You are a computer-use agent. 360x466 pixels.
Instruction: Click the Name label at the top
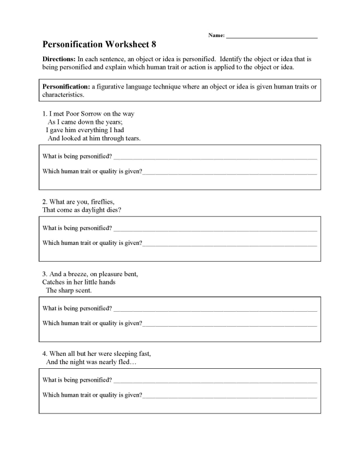click(216, 35)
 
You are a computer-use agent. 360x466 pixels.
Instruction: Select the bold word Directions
click(59, 59)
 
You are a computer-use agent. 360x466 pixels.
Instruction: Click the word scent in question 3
click(82, 290)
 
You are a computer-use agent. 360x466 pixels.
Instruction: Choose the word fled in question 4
click(124, 362)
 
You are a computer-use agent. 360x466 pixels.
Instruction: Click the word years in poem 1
click(113, 122)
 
